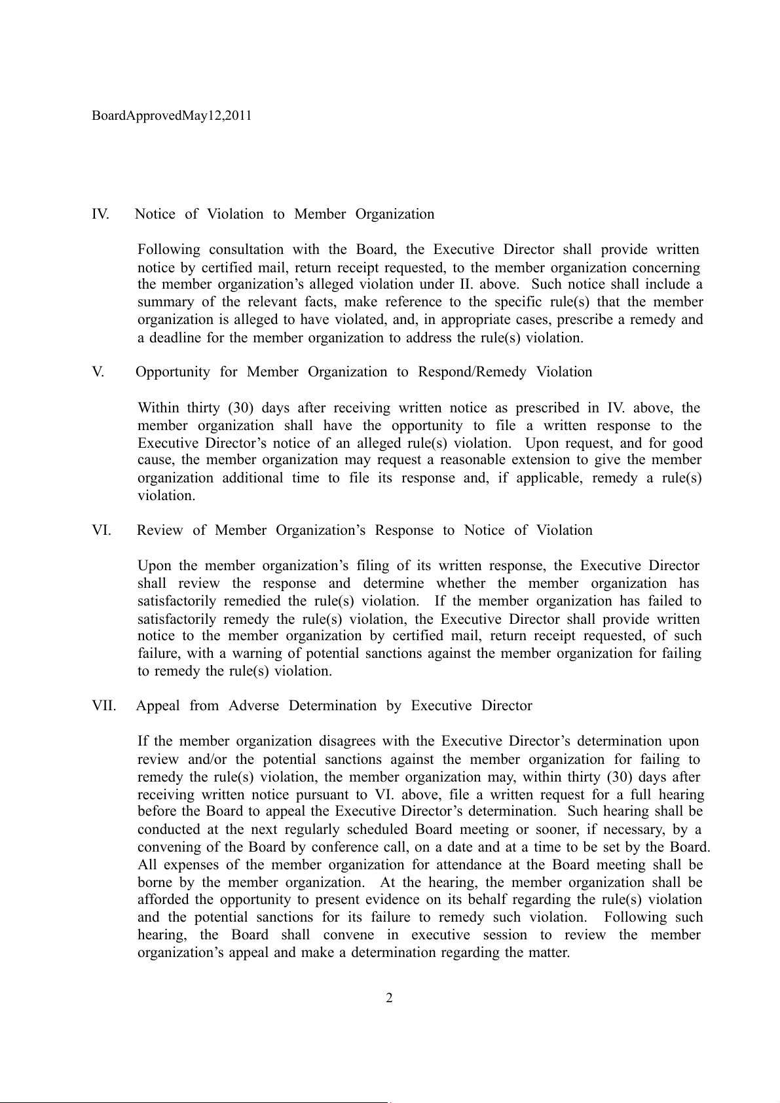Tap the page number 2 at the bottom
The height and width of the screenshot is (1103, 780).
(389, 998)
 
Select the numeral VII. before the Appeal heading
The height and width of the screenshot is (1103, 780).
(104, 706)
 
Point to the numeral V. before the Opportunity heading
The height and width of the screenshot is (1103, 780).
(98, 372)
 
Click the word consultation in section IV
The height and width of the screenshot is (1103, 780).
(246, 249)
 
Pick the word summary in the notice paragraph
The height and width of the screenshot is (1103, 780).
(165, 302)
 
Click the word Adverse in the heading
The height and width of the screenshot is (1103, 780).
(253, 706)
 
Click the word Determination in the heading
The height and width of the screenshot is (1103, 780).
(333, 706)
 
